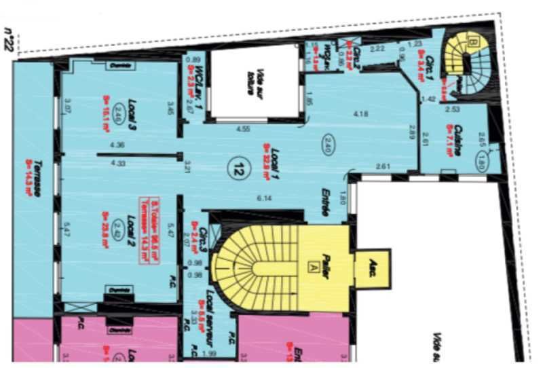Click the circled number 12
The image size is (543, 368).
(x=238, y=166)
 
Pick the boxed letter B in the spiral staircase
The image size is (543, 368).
(x=474, y=42)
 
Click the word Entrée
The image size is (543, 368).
(x=325, y=202)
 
